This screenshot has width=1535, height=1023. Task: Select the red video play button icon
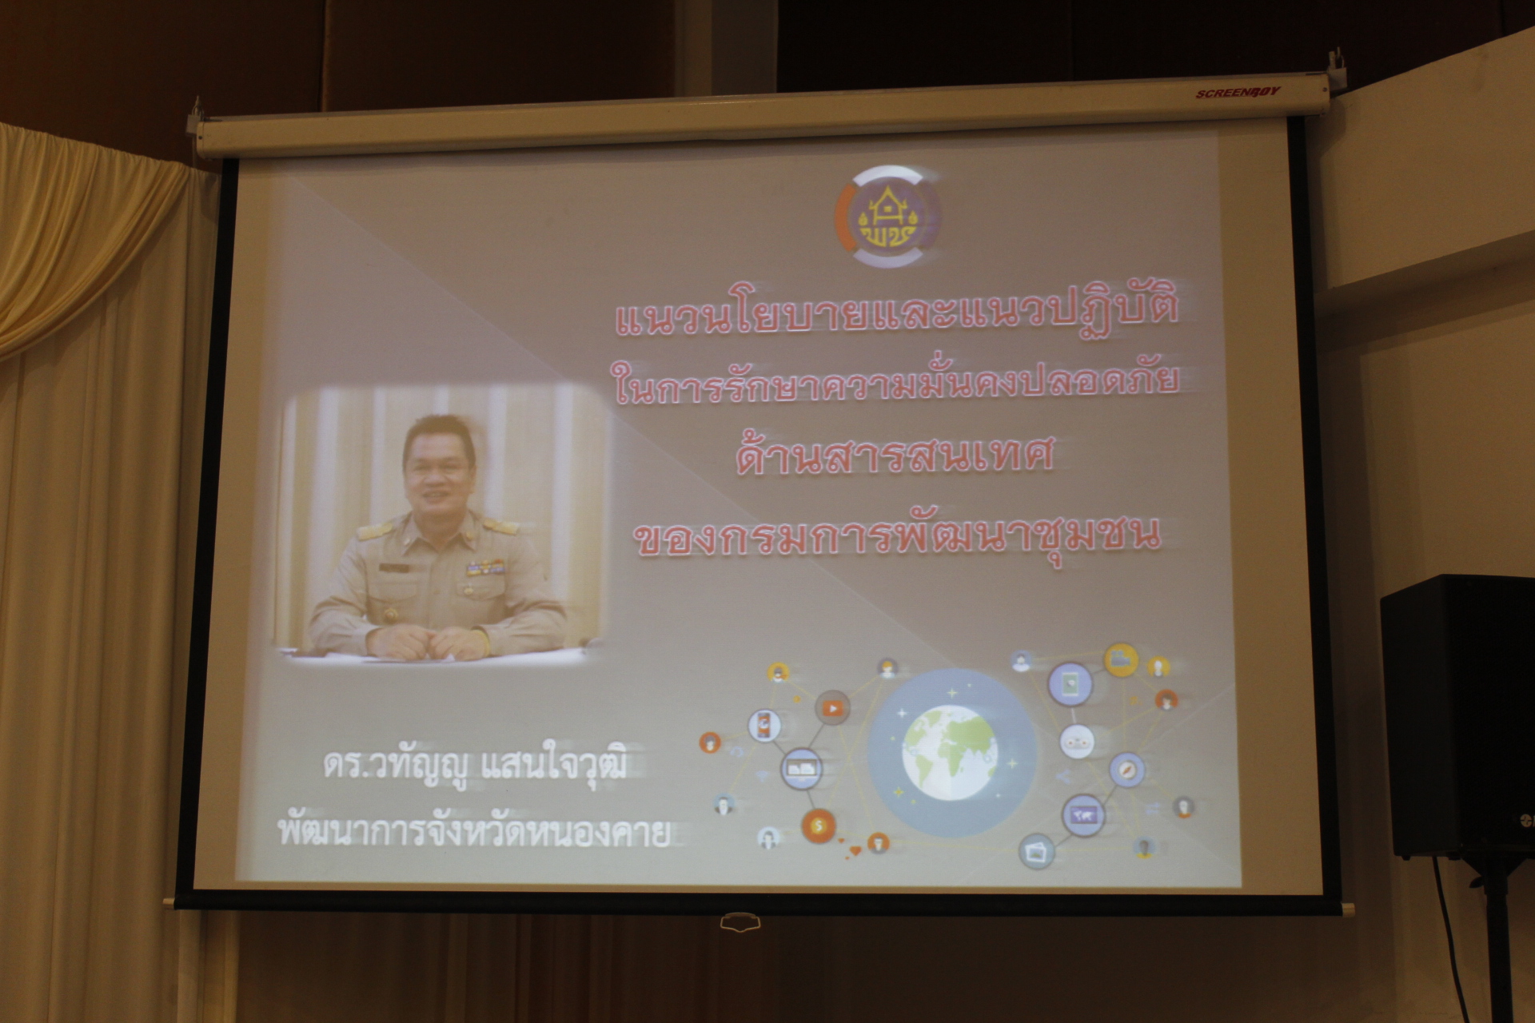click(832, 707)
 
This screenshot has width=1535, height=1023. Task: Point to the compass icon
click(1126, 770)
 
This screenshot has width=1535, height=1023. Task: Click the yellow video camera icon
click(1121, 659)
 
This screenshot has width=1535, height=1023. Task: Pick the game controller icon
click(1077, 741)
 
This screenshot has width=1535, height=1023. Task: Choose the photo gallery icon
click(1036, 850)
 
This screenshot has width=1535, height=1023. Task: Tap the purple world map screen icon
click(1082, 815)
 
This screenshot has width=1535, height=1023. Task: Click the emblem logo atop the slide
click(887, 217)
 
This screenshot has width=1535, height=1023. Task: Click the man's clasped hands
click(436, 639)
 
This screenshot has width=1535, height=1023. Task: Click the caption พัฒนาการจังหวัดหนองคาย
click(472, 834)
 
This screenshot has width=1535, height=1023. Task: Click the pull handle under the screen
click(740, 923)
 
